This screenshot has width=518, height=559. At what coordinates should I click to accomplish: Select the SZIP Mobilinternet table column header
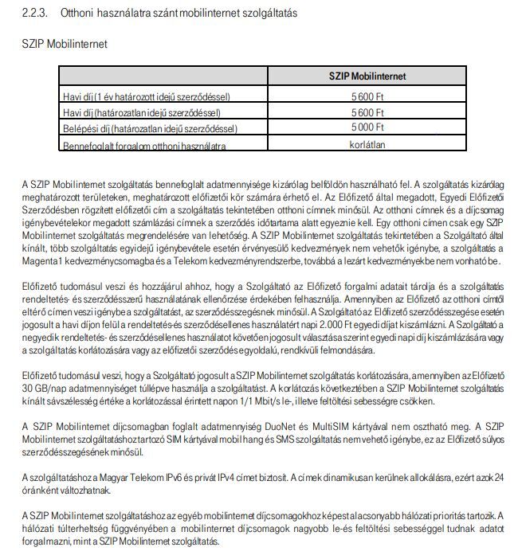[367, 76]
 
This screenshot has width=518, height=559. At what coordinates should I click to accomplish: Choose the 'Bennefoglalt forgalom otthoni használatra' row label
[133, 146]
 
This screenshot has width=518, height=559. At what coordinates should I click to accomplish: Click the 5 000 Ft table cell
[367, 127]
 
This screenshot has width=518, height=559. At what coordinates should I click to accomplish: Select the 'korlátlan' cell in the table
[367, 145]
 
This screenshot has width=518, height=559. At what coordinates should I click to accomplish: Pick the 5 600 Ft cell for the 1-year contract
[367, 96]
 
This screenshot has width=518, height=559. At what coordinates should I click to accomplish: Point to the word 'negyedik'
[40, 337]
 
